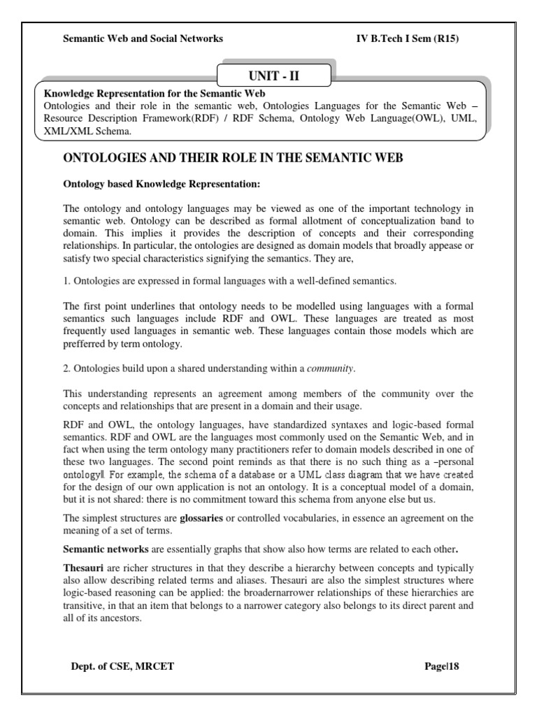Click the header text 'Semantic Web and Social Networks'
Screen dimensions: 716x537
[143, 38]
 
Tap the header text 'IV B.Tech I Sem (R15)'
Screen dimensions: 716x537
[406, 38]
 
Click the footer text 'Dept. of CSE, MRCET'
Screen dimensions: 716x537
[122, 666]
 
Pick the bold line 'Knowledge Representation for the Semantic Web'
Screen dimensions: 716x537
[155, 93]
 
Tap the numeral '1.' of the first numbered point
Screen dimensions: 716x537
[67, 281]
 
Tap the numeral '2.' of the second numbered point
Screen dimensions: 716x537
[67, 368]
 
